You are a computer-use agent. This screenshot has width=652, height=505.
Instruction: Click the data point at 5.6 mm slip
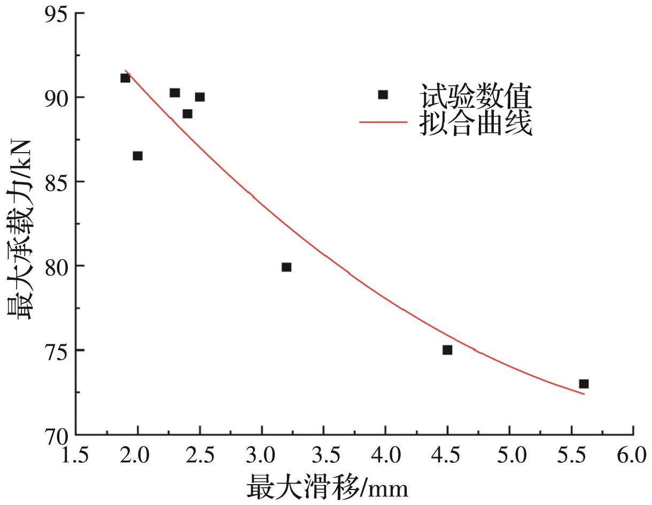pos(584,384)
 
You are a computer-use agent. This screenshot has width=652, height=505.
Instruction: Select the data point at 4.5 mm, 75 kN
pos(447,350)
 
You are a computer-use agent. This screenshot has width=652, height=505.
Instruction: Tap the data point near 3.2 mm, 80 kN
pos(286,267)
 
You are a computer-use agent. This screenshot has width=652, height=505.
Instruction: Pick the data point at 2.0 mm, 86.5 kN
pos(137,156)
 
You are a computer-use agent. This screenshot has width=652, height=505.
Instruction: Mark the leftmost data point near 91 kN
pos(125,78)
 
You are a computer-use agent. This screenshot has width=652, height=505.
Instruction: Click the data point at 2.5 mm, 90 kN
pos(199,97)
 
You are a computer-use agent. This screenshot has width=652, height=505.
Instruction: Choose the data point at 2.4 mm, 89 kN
pos(187,114)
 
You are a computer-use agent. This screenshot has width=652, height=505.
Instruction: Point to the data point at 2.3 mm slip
pos(175,93)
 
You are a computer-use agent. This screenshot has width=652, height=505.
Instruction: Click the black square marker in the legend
pos(383,95)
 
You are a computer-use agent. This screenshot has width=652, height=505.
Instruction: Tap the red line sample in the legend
pos(383,122)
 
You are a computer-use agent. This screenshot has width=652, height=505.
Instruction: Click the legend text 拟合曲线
pos(476,123)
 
